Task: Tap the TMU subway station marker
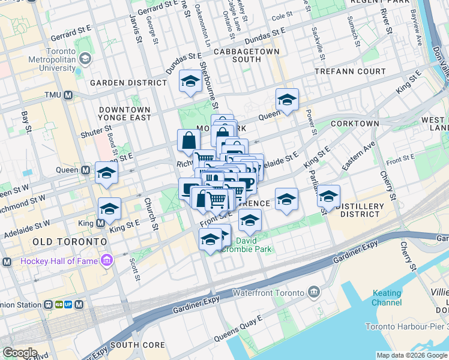[68, 95]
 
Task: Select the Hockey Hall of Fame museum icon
[107, 260]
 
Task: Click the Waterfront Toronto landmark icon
[314, 292]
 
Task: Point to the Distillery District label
[360, 210]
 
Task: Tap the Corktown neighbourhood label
[354, 124]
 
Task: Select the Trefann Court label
[351, 71]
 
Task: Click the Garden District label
[128, 83]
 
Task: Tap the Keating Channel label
[387, 298]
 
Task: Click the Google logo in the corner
[20, 353]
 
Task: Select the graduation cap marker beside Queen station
[106, 172]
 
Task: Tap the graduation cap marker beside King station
[109, 208]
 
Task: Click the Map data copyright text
[412, 355]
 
